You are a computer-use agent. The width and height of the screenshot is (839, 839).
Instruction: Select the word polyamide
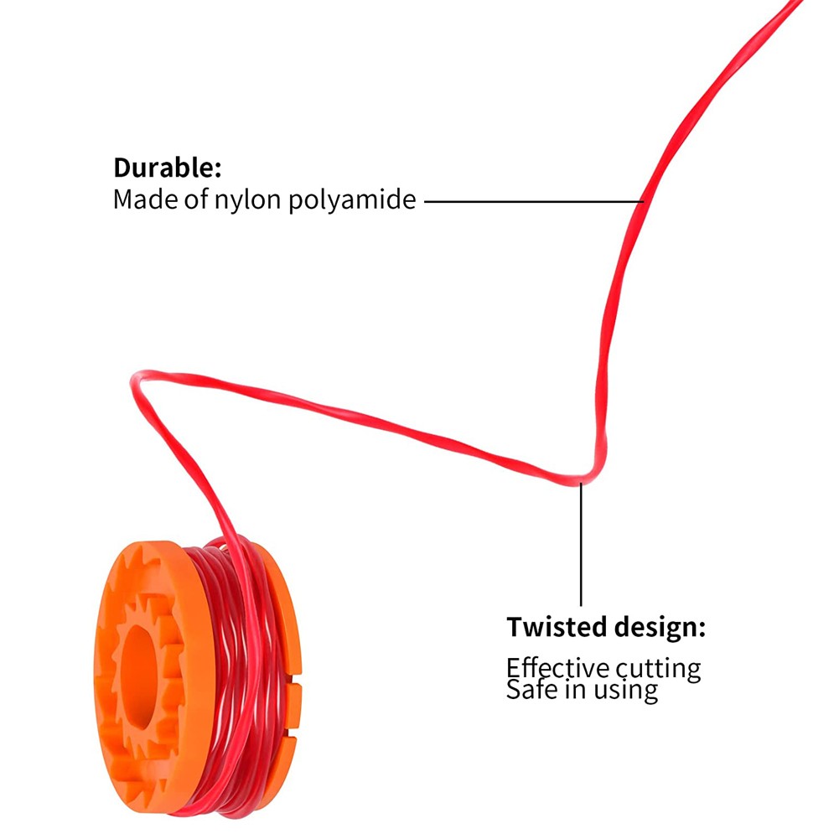tap(352, 200)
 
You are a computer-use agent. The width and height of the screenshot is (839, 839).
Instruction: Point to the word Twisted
tap(556, 627)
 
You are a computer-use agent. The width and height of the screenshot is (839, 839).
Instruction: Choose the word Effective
tap(558, 668)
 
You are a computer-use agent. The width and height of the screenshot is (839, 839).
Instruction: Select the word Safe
tap(532, 689)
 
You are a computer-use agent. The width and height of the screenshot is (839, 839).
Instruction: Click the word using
tap(625, 691)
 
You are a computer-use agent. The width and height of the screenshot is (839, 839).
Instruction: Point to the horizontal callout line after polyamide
tap(534, 202)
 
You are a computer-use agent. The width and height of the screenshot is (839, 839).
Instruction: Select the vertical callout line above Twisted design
tap(581, 544)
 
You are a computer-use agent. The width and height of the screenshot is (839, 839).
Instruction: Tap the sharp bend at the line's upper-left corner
tap(135, 376)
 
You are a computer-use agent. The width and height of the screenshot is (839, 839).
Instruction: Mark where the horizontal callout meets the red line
tap(643, 202)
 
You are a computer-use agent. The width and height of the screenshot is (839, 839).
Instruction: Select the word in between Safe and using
tap(575, 689)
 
